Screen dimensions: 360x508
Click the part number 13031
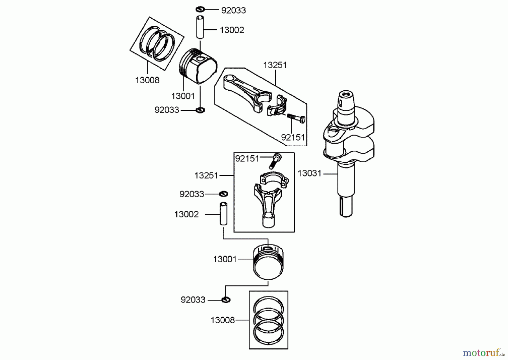coord(309,173)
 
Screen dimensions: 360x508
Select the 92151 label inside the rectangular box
coord(247,159)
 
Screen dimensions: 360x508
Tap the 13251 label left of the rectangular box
coord(206,176)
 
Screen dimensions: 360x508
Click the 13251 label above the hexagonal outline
coord(275,65)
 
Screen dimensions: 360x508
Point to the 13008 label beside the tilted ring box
coord(147,80)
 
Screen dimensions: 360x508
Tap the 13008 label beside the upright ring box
coord(223,320)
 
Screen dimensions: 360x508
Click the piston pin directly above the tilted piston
coord(201,27)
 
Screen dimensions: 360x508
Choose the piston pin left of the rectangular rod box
coord(224,213)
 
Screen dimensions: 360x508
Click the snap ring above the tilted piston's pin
coord(200,9)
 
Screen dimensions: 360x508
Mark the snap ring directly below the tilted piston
coord(200,110)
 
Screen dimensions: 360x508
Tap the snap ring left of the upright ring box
coord(226,300)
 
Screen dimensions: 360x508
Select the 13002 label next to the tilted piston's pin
coord(232,30)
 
